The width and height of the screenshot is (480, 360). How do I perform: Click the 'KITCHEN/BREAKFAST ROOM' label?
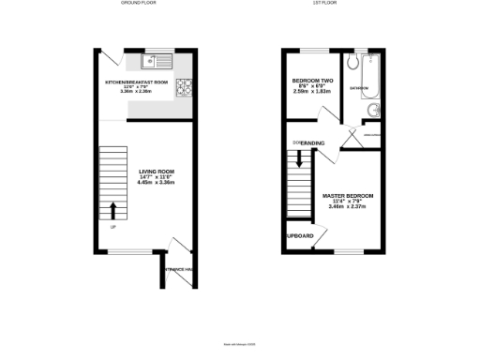click(x=136, y=82)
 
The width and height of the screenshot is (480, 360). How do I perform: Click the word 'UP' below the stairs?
click(x=112, y=227)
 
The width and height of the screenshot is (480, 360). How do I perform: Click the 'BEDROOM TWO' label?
click(x=312, y=81)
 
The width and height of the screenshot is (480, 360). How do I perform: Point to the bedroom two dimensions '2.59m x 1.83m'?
click(x=312, y=92)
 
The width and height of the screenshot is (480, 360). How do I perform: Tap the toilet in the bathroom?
click(x=352, y=64)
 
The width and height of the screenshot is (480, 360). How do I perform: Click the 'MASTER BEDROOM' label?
click(x=348, y=196)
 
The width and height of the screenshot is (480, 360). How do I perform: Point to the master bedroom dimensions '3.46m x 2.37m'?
click(x=348, y=207)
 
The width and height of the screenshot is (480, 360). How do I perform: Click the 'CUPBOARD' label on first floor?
click(x=299, y=236)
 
